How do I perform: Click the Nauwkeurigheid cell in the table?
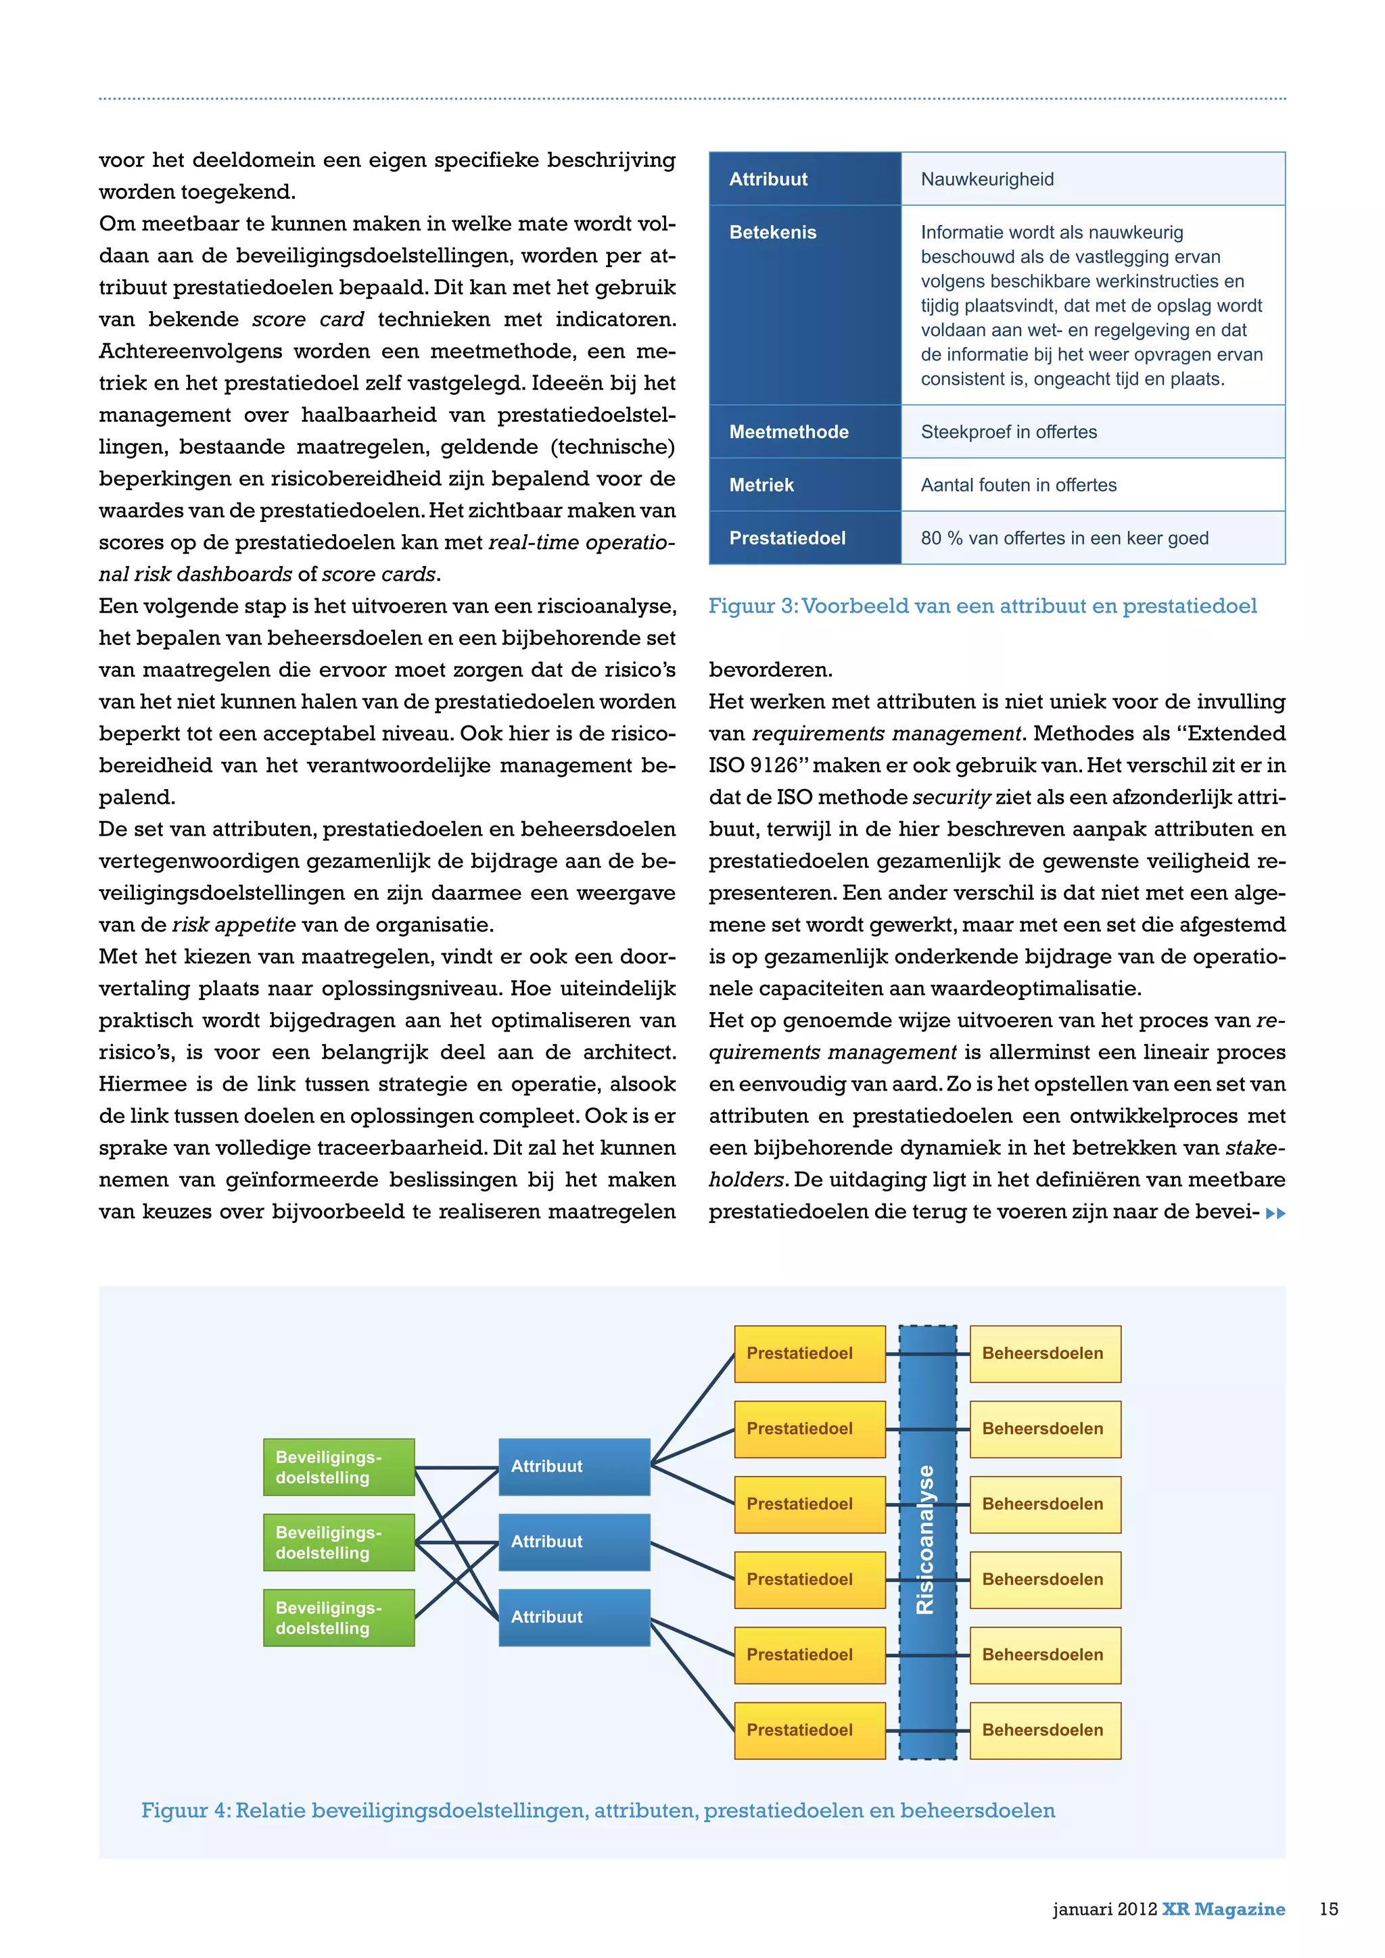987,179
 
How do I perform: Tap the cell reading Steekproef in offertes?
1008,431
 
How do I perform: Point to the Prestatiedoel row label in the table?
787,538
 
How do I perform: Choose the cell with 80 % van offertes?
1064,538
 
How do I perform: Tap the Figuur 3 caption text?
983,606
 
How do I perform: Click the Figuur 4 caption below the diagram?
598,1810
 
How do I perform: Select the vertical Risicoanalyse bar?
927,1542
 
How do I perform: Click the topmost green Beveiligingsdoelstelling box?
339,1466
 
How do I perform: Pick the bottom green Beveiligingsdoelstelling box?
339,1618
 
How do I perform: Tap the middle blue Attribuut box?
574,1542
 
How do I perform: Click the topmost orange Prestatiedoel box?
809,1354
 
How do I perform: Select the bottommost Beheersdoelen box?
1045,1730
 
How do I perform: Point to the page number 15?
1329,1909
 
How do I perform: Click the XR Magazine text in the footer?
1223,1909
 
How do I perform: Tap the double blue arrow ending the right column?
1275,1213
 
